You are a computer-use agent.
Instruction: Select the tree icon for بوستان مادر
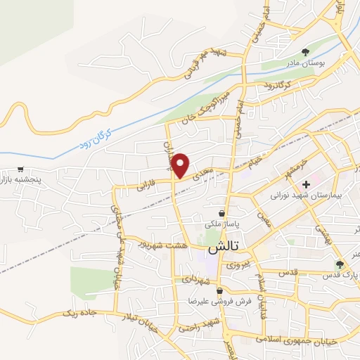(305, 51)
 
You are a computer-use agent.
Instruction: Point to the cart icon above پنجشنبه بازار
(22, 169)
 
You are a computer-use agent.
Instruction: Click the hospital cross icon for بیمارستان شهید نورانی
(306, 184)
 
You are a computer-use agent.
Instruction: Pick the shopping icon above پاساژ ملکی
(221, 213)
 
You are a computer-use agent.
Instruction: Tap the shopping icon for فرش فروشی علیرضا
(219, 290)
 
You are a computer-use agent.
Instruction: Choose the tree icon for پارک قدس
(340, 264)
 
